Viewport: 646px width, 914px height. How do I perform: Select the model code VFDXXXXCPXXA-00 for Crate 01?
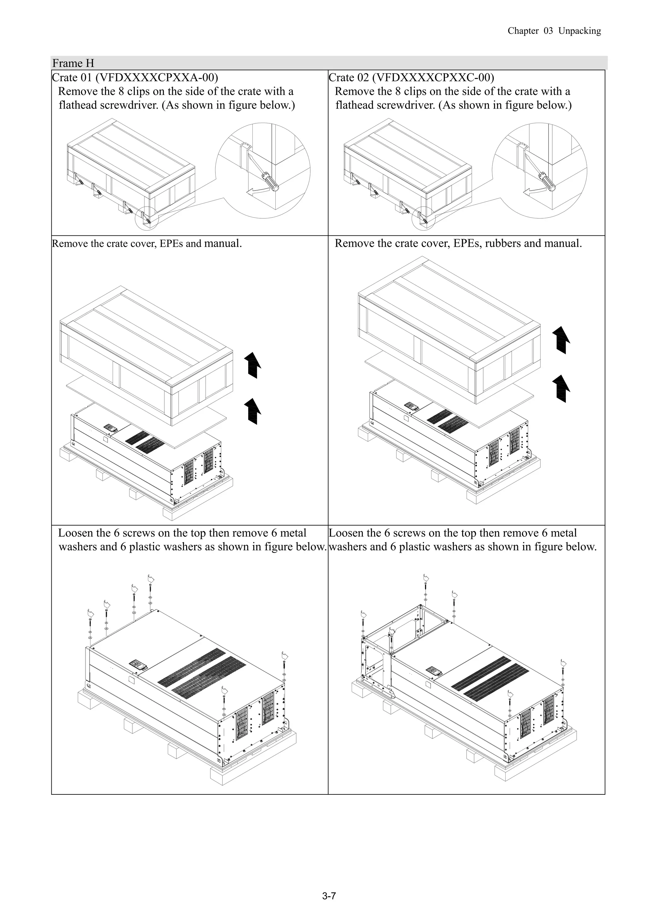156,77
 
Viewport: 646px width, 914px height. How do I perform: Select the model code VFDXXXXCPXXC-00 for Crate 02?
433,77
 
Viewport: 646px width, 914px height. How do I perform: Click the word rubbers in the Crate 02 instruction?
503,243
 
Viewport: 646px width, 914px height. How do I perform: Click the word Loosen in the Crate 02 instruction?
345,533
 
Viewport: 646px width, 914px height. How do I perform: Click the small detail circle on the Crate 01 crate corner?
148,218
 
